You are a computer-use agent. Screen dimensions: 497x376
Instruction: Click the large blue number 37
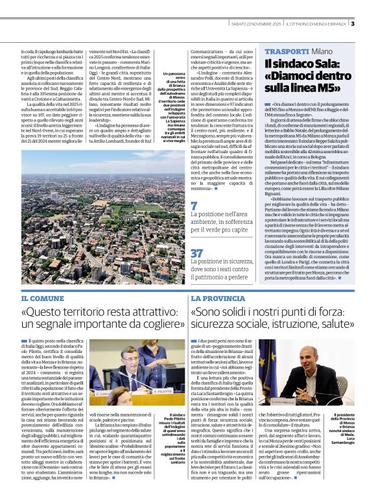coord(196,252)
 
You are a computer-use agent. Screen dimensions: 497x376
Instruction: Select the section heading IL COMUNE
coord(43,298)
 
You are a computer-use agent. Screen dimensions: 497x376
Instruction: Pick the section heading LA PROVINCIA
coord(218,298)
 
